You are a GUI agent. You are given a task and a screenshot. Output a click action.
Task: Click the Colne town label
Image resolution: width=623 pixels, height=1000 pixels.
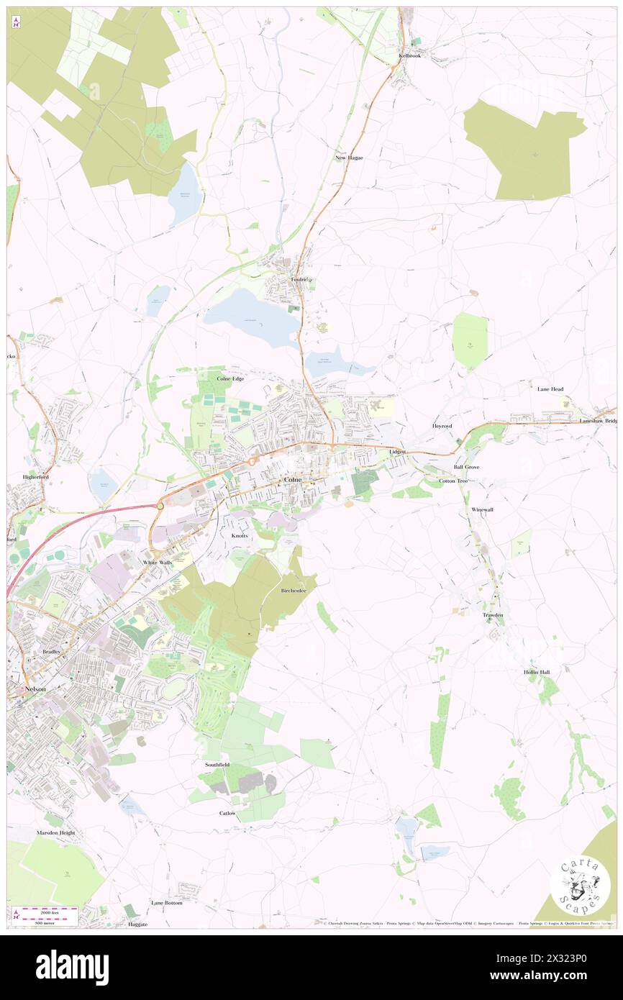(x=293, y=479)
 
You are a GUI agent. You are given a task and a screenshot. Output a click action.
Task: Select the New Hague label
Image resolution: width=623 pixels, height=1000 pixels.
(x=349, y=158)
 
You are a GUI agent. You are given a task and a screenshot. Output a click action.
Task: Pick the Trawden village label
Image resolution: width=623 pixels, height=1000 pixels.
(x=493, y=615)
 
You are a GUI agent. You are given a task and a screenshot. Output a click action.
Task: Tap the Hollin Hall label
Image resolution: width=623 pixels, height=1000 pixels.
(x=537, y=672)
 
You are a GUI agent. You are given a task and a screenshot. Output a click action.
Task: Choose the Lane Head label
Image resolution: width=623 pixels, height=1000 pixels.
(x=550, y=389)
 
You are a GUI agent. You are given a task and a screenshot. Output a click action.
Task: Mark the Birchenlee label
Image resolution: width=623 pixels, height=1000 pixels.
(x=293, y=590)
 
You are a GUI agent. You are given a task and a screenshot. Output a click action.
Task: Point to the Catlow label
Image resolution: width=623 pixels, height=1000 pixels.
(x=227, y=813)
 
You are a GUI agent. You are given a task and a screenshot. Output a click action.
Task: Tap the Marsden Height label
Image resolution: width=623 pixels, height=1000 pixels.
(x=55, y=832)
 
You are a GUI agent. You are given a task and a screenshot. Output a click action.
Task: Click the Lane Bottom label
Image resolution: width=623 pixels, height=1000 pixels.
(x=167, y=902)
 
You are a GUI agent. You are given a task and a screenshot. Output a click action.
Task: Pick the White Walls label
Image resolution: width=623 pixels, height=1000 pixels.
(x=158, y=563)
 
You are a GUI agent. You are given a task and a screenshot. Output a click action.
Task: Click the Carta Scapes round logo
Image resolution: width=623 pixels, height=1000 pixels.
(x=579, y=885)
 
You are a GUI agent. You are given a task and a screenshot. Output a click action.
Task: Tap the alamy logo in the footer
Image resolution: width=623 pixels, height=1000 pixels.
(x=73, y=968)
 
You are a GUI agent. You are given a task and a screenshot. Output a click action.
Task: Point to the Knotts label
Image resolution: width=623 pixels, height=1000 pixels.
(x=240, y=537)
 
